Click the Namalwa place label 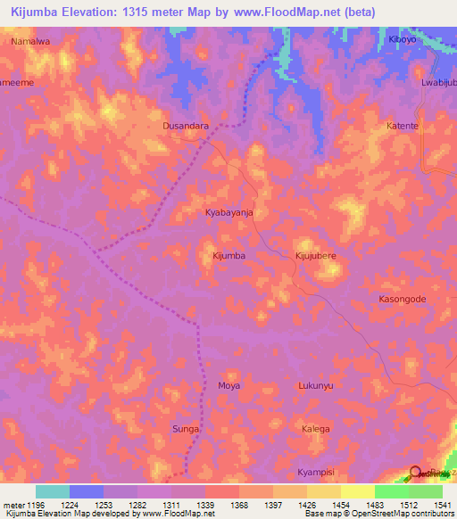(29, 41)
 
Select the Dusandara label (186, 126)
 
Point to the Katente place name (402, 126)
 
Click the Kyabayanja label (229, 213)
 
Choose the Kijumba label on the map (228, 256)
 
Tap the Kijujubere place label (315, 256)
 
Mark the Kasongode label (402, 300)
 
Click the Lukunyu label (315, 386)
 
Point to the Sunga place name (186, 429)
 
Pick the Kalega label (315, 429)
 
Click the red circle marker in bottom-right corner (417, 474)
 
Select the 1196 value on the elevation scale (29, 504)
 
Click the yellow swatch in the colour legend (357, 491)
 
